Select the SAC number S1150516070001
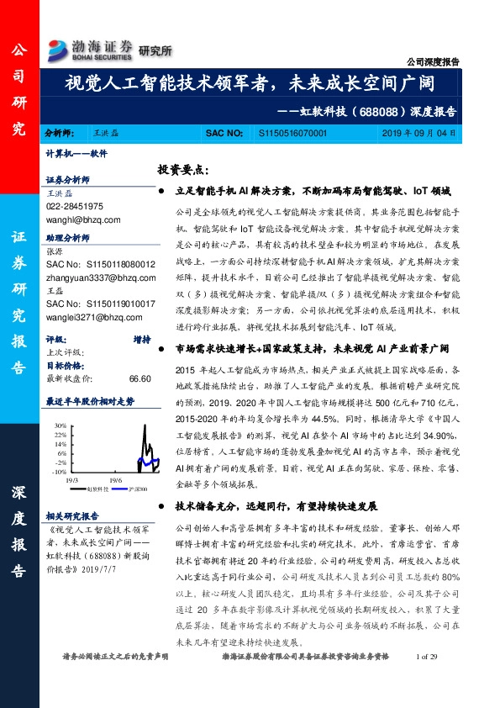(293, 134)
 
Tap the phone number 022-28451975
(75, 206)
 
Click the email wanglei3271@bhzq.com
(88, 317)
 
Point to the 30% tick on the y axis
(61, 425)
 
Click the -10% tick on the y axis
(61, 472)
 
